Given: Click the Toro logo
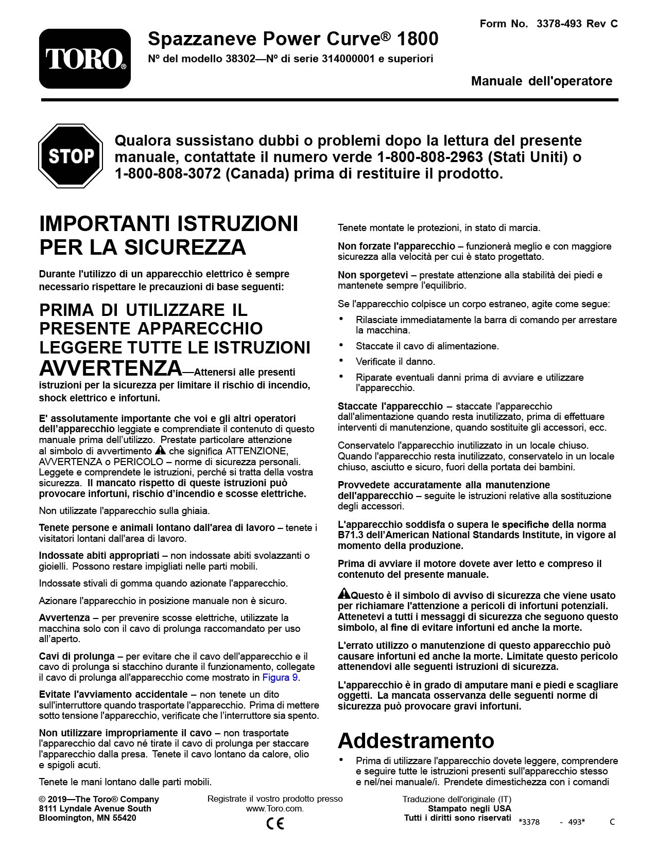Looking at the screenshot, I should [85, 59].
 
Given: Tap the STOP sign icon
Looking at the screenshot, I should [71, 156].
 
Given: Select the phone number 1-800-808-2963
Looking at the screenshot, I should [430, 157].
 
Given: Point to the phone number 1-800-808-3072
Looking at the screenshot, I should [168, 174].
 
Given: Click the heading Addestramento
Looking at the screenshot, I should [416, 740].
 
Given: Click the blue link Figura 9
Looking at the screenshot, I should [280, 678].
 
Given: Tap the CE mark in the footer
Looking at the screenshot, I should [275, 823].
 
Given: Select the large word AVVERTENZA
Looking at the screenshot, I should [111, 368].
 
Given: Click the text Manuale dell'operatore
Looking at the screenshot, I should [541, 81].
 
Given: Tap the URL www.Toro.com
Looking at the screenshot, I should [274, 808].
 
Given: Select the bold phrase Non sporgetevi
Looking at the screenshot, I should [373, 275].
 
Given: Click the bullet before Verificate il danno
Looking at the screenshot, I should [341, 361].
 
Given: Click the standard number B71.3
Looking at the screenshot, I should [350, 535].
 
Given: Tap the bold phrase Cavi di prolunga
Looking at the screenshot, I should [77, 657].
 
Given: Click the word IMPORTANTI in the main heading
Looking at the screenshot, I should [105, 224].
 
